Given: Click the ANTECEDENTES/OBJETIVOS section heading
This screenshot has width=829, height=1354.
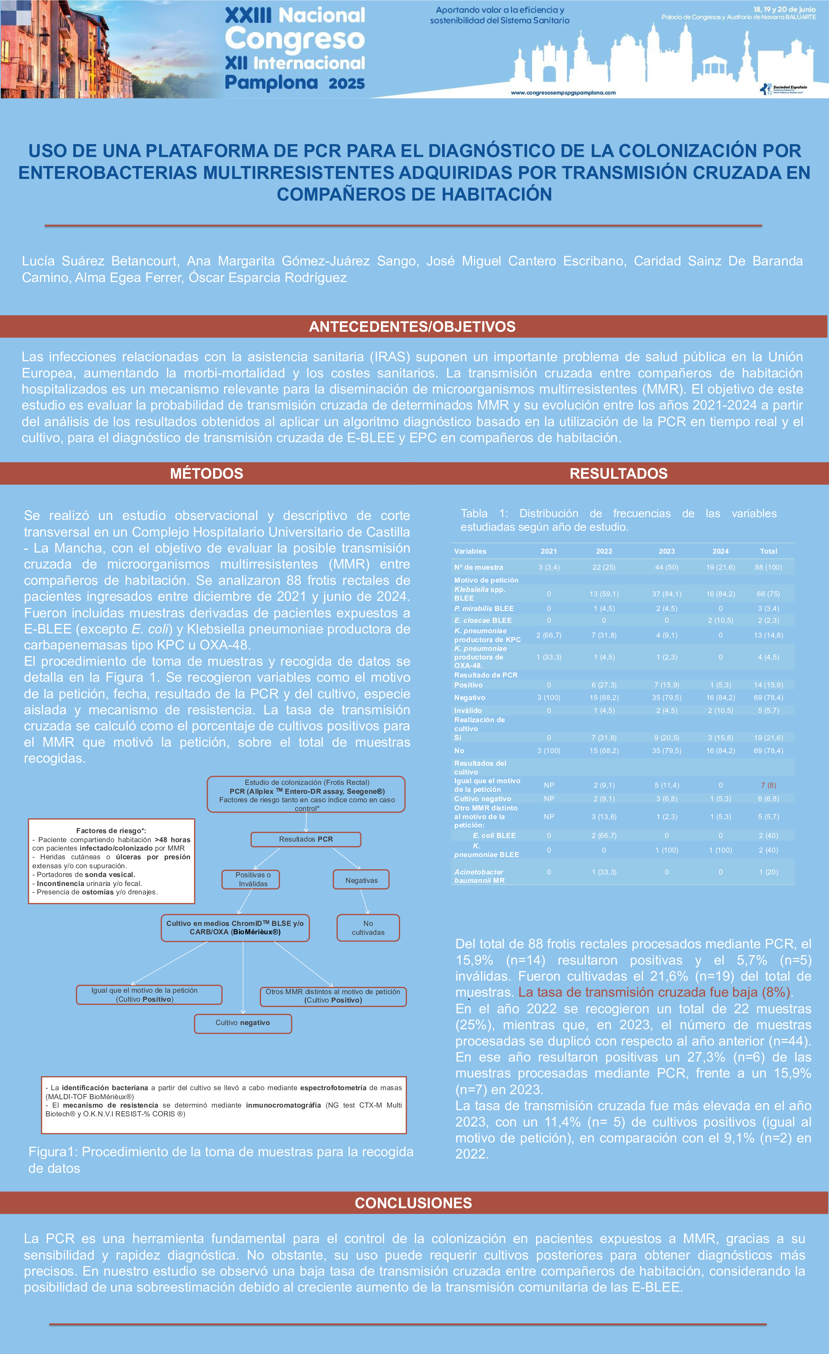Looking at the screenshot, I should (412, 326).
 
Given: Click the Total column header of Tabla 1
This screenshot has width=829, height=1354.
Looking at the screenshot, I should (769, 551).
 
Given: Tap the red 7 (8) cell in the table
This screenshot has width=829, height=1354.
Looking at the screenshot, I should (769, 785).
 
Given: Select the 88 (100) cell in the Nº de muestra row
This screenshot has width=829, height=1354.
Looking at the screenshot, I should (769, 567).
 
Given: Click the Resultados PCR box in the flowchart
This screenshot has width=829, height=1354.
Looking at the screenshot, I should (306, 839).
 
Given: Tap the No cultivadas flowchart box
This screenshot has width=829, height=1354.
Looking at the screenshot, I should (368, 928).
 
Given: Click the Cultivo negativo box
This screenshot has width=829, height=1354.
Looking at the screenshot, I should (242, 1023).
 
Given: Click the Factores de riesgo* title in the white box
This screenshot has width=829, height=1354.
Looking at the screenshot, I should (111, 830).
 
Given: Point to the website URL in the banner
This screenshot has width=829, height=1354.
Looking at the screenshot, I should (563, 93).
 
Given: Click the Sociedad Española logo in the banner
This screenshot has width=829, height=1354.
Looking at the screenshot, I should (783, 89).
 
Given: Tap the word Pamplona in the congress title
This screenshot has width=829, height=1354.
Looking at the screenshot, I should (272, 83).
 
